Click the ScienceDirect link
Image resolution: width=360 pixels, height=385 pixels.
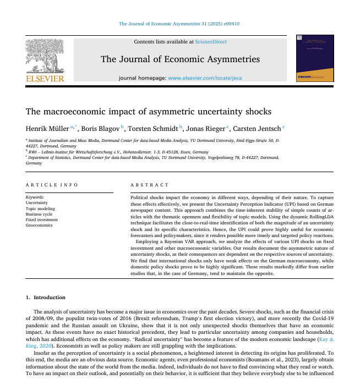pos(211,42)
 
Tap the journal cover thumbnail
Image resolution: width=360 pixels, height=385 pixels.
pos(315,58)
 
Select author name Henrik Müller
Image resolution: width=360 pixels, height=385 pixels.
pos(47,129)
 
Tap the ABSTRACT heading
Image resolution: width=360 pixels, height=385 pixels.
pos(150,185)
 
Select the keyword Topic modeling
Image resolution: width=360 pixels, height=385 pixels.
pos(40,208)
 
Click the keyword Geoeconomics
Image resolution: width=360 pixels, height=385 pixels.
pos(39,225)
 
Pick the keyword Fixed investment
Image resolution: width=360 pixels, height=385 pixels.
pos(42,219)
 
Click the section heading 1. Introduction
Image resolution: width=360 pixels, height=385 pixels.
pos(46,298)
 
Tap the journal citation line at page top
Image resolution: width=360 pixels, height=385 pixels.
pos(179,24)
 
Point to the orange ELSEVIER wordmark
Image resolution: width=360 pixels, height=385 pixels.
pos(45,79)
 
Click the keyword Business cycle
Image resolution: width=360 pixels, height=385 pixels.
pos(40,214)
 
